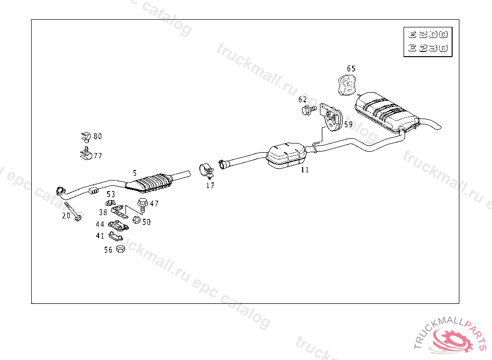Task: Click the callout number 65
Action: pos(351,69)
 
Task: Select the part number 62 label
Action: pos(302,99)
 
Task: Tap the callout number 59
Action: pos(348,124)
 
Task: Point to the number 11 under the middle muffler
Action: pos(305,170)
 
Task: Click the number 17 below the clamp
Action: pos(210,185)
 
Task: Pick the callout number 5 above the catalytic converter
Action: pos(135,172)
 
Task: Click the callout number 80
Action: pos(98,136)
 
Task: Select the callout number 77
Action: pos(98,156)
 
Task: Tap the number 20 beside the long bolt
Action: pos(66,216)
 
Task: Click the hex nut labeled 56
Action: pos(121,249)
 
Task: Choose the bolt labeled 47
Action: pos(143,204)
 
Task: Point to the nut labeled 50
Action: pos(135,220)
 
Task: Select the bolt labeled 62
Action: pos(307,111)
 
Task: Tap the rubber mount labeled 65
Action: pos(347,85)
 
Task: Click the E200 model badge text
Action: pos(428,35)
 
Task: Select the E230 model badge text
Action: pos(428,48)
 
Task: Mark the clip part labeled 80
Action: pos(86,137)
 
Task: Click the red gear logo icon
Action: pos(452,341)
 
